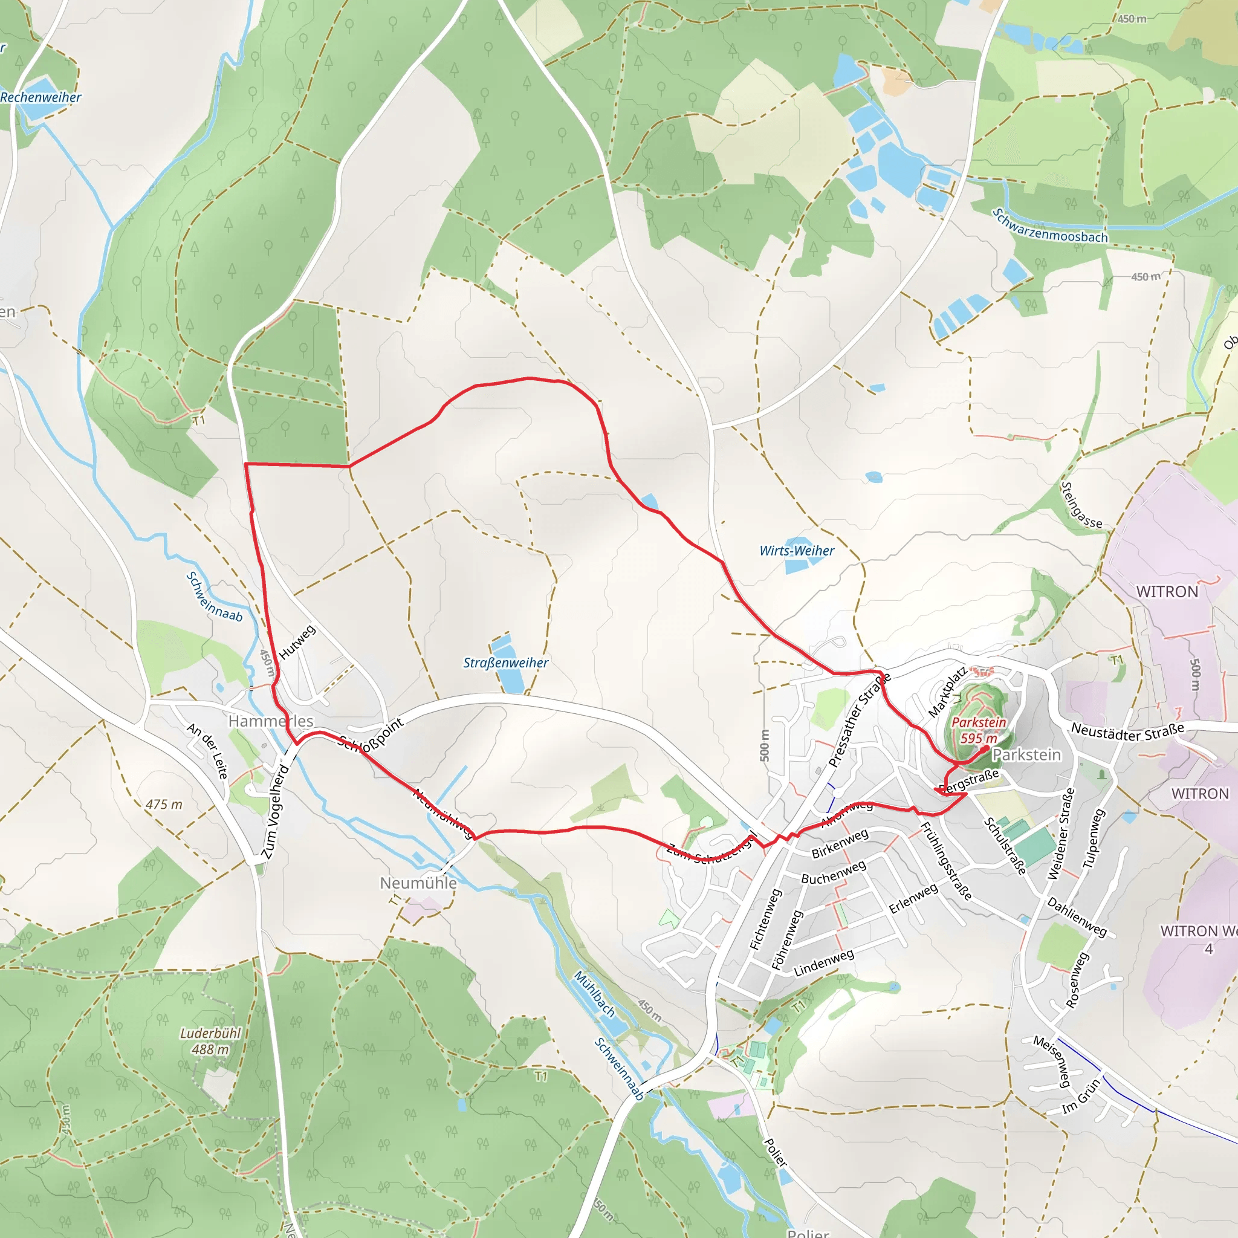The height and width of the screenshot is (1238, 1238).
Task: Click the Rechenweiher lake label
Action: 41,97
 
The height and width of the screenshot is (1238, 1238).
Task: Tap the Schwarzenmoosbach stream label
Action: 1049,226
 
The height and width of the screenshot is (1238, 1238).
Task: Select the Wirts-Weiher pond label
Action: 797,551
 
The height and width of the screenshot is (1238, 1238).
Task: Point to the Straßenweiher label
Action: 505,663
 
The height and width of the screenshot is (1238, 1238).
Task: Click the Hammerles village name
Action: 271,721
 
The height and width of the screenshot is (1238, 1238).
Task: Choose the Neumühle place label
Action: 418,883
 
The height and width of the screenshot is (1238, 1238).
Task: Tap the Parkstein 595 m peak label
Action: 979,730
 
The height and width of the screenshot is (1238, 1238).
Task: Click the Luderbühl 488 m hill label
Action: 210,1042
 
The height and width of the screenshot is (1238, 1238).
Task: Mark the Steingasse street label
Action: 1082,505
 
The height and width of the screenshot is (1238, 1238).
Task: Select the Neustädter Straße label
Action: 1128,730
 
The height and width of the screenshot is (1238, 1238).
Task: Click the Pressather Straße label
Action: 860,720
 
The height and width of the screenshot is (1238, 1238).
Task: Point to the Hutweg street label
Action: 297,641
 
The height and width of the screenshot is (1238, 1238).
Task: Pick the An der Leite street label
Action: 207,750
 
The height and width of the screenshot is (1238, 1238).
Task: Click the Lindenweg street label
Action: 823,963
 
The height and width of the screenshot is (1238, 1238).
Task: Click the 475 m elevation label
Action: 164,804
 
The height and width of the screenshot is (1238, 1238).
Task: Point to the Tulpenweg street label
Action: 1094,838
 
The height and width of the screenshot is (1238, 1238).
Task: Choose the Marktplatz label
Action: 947,692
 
